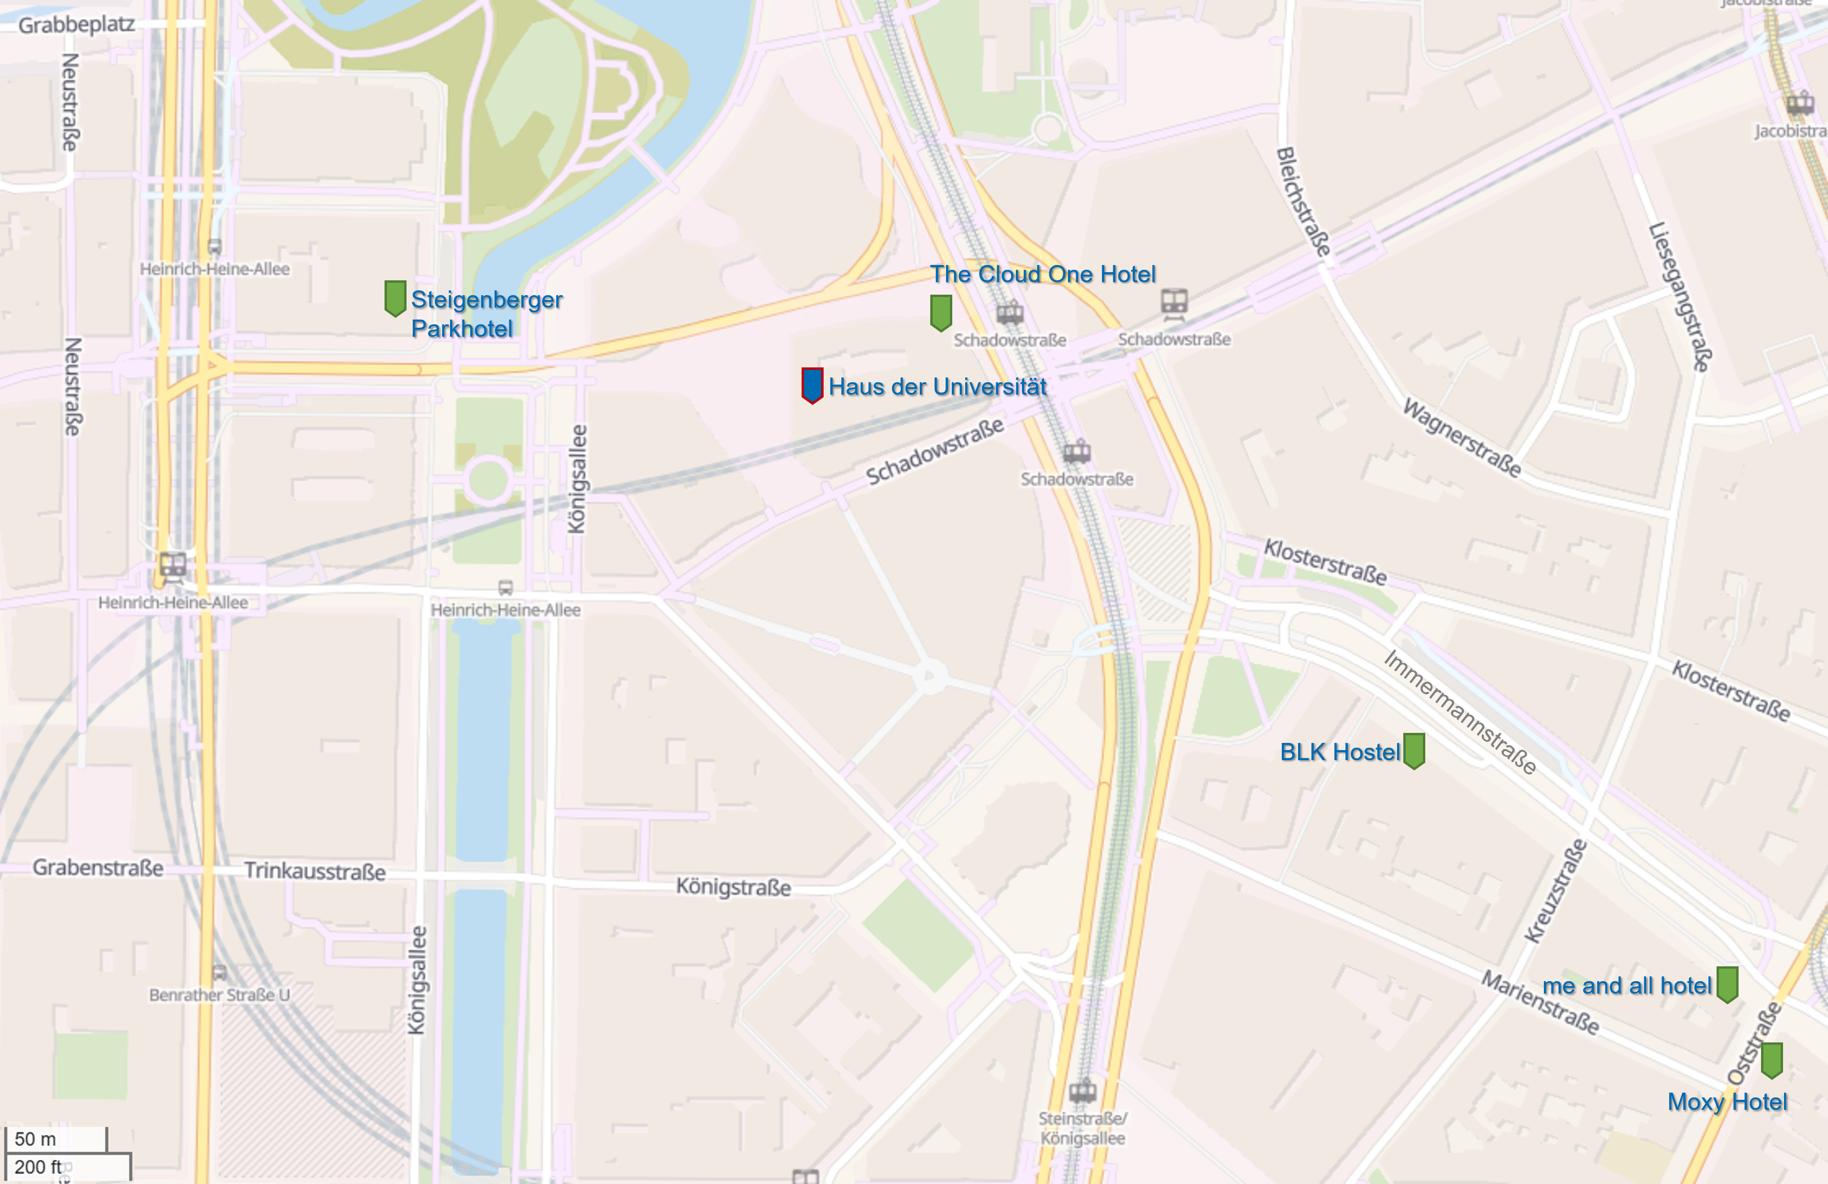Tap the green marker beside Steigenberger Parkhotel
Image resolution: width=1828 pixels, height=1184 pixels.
pos(395,298)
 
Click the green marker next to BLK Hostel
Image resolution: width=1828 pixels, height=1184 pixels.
pos(1414,751)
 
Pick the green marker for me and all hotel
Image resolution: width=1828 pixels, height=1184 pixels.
pos(1728,984)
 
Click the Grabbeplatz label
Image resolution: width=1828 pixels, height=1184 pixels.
pos(76,24)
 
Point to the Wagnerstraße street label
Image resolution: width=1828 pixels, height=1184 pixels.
pos(1462,437)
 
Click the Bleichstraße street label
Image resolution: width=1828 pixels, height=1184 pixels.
pos(1303,201)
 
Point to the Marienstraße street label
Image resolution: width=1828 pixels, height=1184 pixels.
pos(1540,1003)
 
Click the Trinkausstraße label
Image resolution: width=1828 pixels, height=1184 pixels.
pos(315,871)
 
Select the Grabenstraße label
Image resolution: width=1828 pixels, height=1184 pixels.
pos(98,867)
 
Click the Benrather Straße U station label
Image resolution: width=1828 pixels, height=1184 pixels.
pos(220,994)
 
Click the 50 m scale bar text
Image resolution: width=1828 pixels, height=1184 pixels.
pos(35,1139)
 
